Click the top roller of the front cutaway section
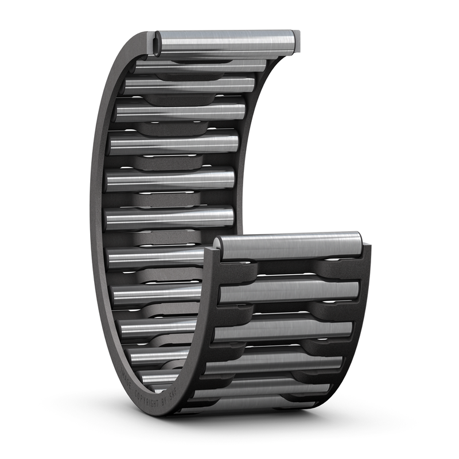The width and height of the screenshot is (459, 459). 290,247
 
